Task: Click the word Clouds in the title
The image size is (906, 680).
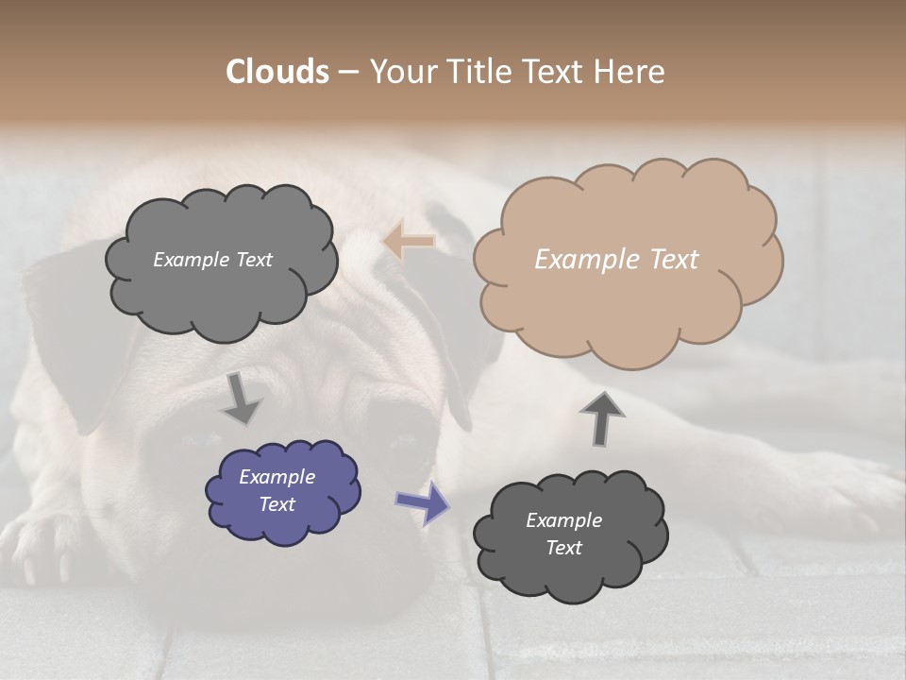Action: [x=277, y=72]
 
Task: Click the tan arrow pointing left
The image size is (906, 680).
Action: [x=409, y=242]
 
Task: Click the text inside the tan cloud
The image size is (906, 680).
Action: [x=616, y=259]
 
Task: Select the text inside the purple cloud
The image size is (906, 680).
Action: [x=277, y=491]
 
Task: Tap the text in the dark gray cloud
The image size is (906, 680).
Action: [x=563, y=534]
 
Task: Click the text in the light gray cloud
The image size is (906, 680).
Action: [x=212, y=259]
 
